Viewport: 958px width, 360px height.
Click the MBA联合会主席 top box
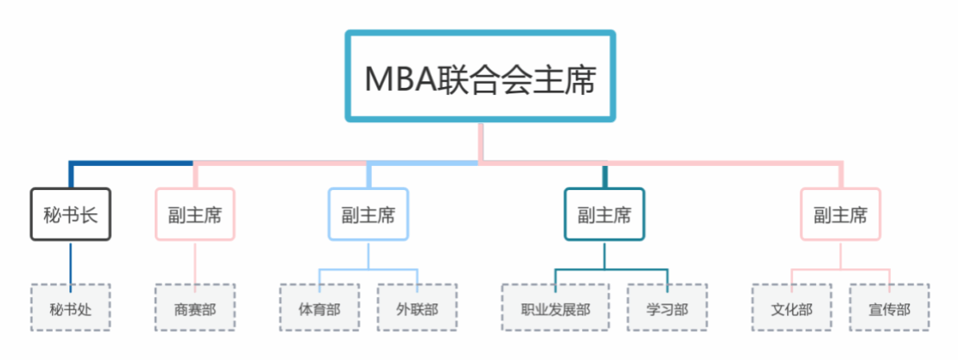click(x=480, y=77)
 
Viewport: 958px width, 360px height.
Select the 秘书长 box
click(x=70, y=214)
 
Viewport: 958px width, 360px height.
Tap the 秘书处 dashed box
click(x=70, y=307)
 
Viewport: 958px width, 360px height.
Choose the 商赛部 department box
click(x=195, y=307)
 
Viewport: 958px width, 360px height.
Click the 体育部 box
click(x=319, y=307)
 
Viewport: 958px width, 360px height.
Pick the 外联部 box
click(x=418, y=307)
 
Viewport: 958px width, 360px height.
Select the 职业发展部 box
click(x=556, y=307)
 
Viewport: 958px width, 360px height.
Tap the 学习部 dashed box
click(x=667, y=307)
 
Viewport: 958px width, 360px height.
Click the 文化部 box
click(x=792, y=307)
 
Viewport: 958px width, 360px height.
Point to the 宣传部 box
click(x=889, y=307)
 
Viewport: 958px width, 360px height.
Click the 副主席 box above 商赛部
click(x=195, y=214)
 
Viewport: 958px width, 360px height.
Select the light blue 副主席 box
click(x=368, y=214)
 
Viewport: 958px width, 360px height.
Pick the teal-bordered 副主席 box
click(x=604, y=214)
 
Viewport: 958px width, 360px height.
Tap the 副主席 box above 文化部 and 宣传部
click(x=841, y=214)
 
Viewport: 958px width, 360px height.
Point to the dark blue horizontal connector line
click(x=132, y=164)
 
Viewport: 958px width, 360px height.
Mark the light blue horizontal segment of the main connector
click(x=423, y=163)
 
